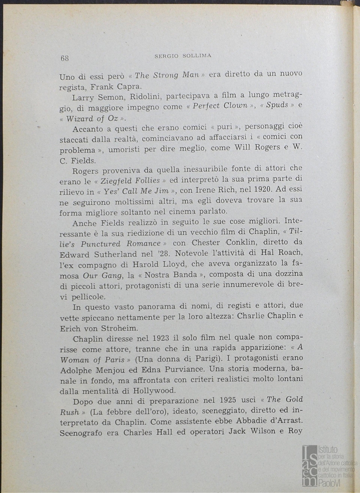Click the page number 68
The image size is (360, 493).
pos(64,58)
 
